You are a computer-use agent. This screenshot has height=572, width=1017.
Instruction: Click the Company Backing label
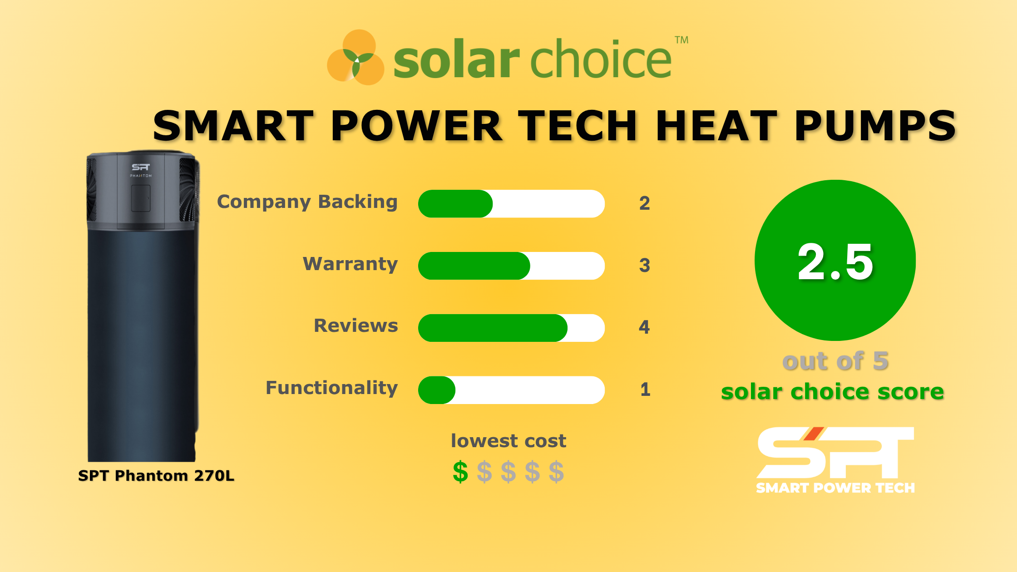point(307,202)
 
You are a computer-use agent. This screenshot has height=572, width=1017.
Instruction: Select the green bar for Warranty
point(474,266)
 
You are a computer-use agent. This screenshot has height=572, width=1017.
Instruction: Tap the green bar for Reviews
point(492,328)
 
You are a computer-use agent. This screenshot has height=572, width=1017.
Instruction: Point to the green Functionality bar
point(436,390)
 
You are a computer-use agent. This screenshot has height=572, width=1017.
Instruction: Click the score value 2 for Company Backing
point(644,203)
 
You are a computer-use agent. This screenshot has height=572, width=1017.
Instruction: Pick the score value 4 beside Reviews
point(644,327)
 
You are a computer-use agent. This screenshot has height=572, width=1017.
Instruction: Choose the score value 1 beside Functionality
point(645,390)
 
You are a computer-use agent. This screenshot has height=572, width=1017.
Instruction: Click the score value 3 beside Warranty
point(644,266)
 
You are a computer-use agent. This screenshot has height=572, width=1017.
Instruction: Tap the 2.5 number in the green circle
point(835,262)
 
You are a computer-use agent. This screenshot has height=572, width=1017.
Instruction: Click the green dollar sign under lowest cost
point(460,472)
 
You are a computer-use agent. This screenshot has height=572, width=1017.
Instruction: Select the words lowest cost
point(508,441)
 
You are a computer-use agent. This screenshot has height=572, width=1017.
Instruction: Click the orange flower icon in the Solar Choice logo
point(356,58)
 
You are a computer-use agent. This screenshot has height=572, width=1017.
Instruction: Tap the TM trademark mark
point(681,40)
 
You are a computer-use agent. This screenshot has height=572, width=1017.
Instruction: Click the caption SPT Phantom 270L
point(156,476)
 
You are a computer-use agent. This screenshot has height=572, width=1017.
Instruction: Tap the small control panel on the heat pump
point(141,198)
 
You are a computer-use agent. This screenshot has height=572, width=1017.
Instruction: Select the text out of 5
point(835,361)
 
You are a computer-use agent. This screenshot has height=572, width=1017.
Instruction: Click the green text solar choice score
point(832,391)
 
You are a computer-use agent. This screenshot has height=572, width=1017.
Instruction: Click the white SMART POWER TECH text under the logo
point(835,488)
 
